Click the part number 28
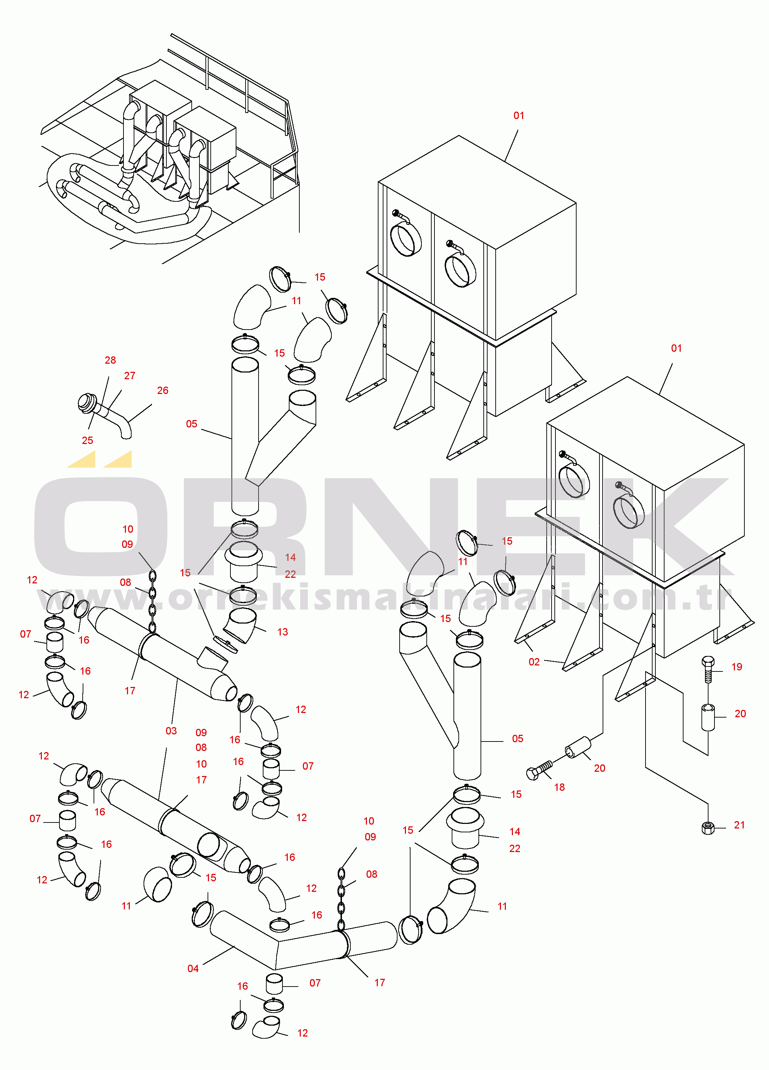[110, 360]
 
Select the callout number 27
[130, 376]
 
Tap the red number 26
[163, 390]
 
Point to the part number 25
[88, 440]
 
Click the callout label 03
[171, 731]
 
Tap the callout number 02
[534, 662]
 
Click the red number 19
[737, 667]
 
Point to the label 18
[560, 787]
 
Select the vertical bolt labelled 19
[708, 669]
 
